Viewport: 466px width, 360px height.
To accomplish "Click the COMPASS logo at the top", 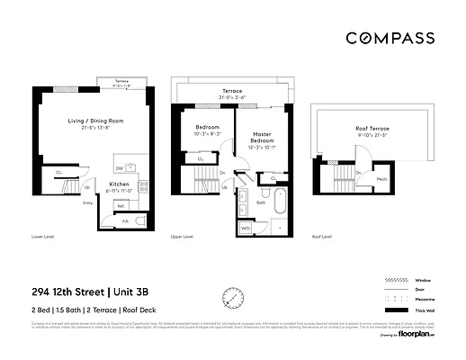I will pos(390,38).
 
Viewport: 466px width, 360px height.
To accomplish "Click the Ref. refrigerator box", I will pos(121,206).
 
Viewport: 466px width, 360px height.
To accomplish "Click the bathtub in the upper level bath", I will pos(279,203).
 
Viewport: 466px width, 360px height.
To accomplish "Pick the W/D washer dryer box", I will pos(246,228).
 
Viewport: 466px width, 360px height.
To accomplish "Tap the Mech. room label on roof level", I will pos(382,178).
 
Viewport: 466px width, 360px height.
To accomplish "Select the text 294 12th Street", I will pos(67,291).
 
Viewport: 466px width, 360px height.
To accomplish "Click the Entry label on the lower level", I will pos(88,202).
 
